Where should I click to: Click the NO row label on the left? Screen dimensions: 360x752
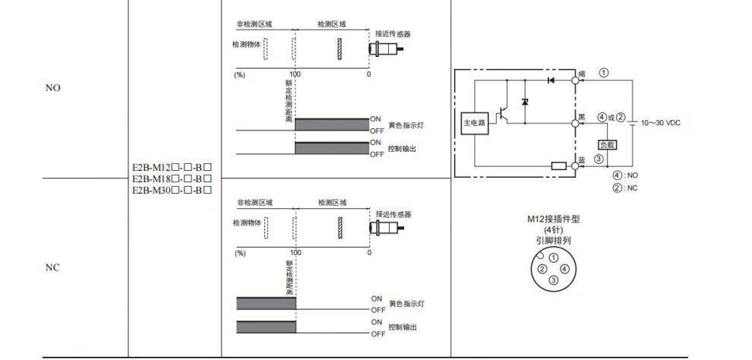click(x=52, y=88)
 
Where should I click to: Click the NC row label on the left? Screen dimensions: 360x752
click(x=52, y=268)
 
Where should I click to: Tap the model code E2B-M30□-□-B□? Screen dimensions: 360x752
click(x=171, y=189)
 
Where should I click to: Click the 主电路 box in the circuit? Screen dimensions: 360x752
click(x=474, y=122)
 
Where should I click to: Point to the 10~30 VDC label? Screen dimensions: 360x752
click(x=660, y=122)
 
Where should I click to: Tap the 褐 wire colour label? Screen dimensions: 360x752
click(x=581, y=74)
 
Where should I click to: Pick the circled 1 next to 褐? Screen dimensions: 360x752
click(x=603, y=73)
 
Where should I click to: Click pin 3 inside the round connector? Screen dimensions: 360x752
click(x=553, y=280)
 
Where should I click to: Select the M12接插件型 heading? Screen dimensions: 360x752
click(x=554, y=219)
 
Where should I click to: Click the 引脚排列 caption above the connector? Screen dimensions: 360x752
click(x=554, y=240)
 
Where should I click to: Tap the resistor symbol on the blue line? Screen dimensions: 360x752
click(x=558, y=165)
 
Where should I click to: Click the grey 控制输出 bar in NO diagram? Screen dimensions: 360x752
click(x=332, y=148)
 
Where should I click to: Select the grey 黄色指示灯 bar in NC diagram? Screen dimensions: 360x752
click(x=266, y=304)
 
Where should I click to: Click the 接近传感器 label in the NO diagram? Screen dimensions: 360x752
click(x=393, y=34)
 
